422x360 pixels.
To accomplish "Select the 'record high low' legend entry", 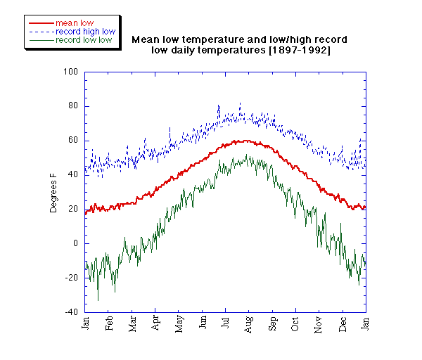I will coord(85,32).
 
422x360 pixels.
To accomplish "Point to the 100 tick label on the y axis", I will coord(70,72).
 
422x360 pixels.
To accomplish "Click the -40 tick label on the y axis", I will coord(71,311).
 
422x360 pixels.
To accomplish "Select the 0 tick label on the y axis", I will coord(75,243).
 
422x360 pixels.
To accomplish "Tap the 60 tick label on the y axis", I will coord(72,141).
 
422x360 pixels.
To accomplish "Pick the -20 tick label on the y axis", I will coord(71,278).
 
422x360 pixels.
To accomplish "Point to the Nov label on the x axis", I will coord(319,324).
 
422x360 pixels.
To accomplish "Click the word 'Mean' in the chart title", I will coord(146,40).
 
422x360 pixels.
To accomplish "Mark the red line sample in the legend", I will coord(41,22).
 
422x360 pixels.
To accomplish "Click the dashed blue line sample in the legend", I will coord(41,32).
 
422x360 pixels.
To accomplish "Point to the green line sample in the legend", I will coord(41,40).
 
